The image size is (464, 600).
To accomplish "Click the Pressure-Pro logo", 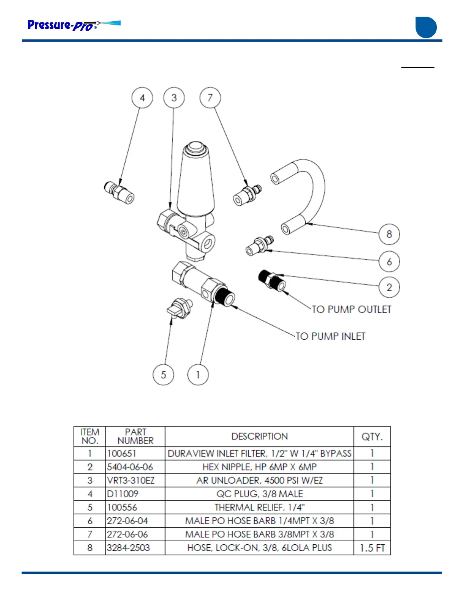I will tap(74, 25).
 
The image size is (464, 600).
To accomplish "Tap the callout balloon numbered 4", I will tap(142, 98).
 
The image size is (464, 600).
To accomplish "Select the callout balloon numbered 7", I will tap(210, 98).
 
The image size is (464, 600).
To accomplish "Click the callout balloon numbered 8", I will tap(389, 234).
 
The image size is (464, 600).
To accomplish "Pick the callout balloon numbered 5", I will tap(163, 375).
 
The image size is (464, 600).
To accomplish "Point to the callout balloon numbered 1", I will tap(198, 375).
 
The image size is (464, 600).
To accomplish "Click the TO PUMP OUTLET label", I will tap(351, 309).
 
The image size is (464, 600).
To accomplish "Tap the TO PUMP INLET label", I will tap(331, 336).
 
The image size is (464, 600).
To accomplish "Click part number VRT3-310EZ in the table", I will tap(131, 480).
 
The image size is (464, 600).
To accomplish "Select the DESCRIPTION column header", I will tap(259, 436).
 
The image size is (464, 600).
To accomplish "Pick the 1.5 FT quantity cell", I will tap(372, 548).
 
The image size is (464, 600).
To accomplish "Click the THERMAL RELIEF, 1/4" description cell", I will tap(259, 507).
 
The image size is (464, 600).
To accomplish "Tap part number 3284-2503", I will tap(129, 548).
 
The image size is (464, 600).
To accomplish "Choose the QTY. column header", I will tap(372, 436).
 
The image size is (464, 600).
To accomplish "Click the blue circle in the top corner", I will tap(426, 27).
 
